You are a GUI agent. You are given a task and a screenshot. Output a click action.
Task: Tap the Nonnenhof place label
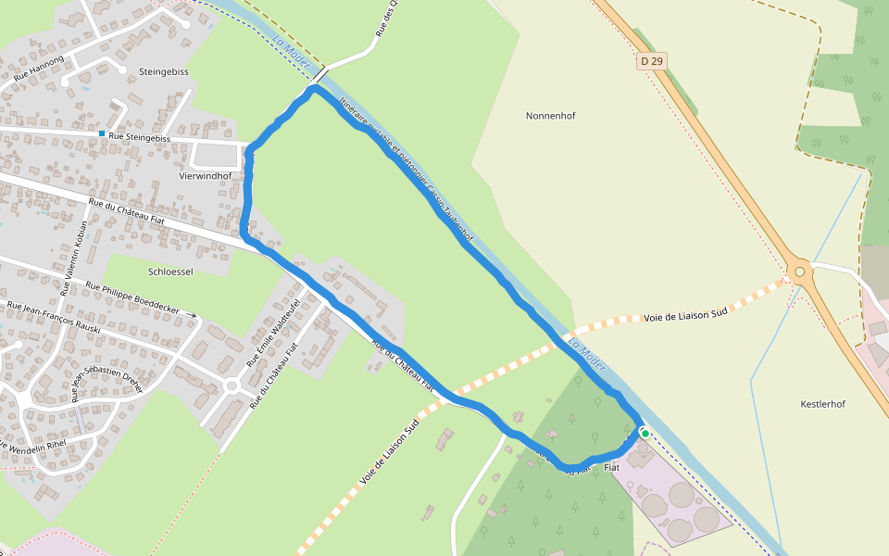(x=550, y=116)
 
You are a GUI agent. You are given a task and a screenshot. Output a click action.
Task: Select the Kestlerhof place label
(x=822, y=404)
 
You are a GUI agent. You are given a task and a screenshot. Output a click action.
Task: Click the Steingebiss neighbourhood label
(x=163, y=70)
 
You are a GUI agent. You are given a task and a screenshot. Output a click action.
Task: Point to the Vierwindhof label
(x=205, y=175)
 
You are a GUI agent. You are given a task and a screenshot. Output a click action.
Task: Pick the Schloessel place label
(x=170, y=272)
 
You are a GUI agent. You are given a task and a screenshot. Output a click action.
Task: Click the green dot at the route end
(x=645, y=433)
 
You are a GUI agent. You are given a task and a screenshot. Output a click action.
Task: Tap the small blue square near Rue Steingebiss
(x=102, y=134)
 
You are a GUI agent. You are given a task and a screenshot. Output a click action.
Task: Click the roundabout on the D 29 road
(x=799, y=272)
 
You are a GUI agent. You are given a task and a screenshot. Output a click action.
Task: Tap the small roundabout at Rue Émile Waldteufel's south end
(x=232, y=385)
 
